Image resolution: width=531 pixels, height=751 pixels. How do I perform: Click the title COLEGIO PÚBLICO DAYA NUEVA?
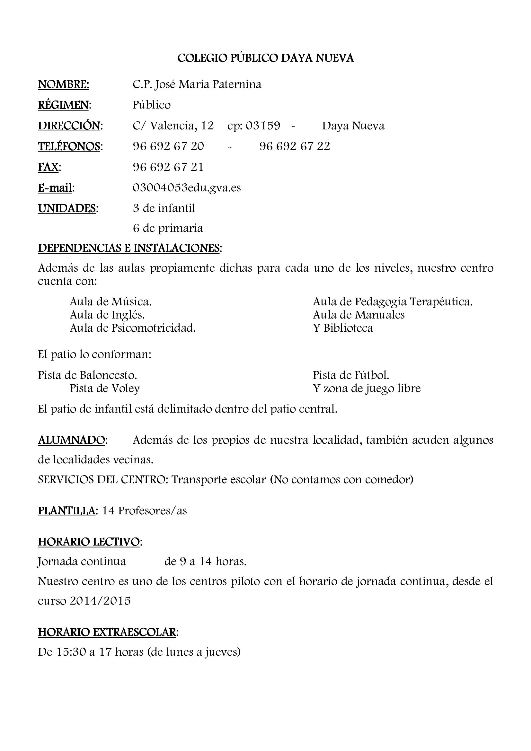[x=265, y=58]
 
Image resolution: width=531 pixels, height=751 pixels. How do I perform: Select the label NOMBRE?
[x=64, y=85]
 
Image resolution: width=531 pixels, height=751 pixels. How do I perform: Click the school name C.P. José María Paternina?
[x=197, y=85]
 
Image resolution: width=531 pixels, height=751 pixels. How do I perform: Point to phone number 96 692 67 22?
[x=295, y=146]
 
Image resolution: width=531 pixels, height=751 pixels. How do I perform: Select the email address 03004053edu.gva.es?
[x=187, y=188]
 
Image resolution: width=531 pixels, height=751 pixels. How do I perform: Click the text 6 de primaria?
[x=168, y=228]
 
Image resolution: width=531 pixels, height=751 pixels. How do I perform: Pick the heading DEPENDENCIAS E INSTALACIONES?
[x=129, y=248]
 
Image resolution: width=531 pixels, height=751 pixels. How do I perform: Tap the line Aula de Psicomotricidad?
[x=132, y=328]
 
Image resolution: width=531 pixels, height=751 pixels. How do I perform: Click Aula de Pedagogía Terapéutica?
[x=393, y=301]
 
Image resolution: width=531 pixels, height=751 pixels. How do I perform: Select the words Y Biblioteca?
[x=343, y=328]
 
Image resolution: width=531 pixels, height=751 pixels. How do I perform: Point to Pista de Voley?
[x=105, y=389]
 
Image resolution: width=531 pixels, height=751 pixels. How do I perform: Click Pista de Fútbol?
[x=351, y=375]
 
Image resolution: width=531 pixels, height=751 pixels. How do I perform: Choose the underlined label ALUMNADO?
[x=72, y=440]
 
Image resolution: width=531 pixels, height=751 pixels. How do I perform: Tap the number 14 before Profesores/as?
[x=108, y=511]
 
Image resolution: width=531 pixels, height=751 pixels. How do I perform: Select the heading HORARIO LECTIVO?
[x=89, y=542]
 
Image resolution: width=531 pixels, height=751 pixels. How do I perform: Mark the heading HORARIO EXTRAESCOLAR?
[x=107, y=632]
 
